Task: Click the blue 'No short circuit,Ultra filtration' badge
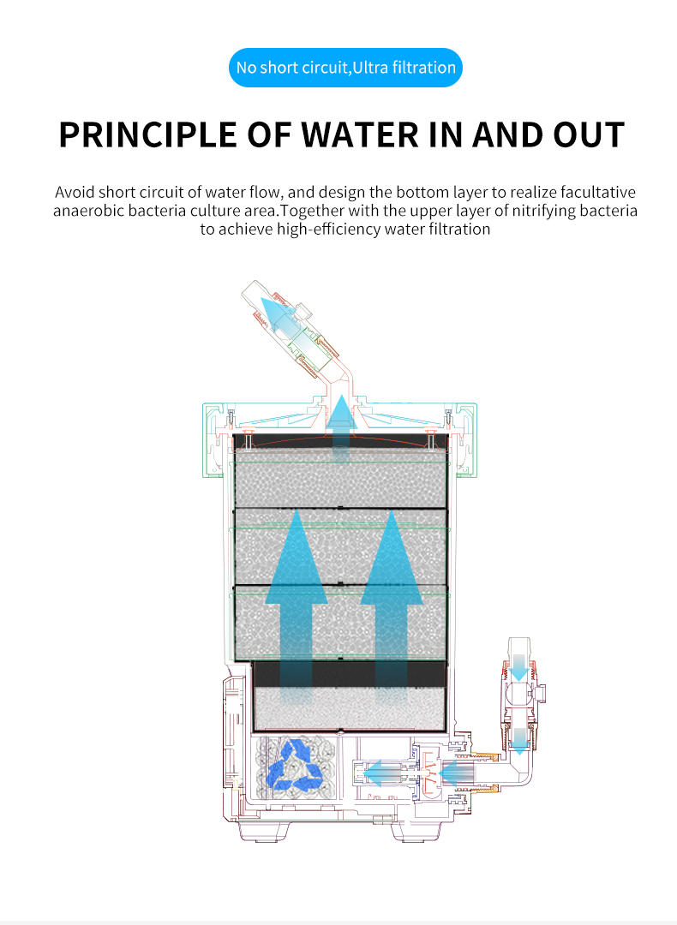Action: click(x=345, y=68)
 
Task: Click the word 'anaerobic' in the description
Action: click(x=89, y=211)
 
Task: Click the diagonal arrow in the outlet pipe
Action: click(x=280, y=313)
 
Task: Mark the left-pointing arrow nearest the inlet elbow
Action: click(x=459, y=775)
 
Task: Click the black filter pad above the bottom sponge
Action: click(x=350, y=674)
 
